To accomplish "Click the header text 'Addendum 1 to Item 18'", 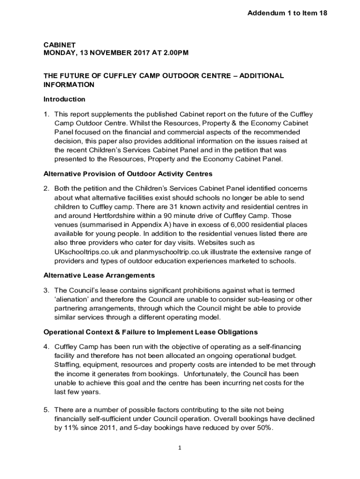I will pos(287,14).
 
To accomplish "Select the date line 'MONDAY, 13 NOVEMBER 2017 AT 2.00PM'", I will pos(116,53).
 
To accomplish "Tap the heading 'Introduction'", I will pos(65,99).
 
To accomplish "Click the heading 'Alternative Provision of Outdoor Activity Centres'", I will pos(128,174).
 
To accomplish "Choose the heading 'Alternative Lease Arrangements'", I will pos(99,275).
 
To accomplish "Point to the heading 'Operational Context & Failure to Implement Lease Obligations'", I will pos(151,332).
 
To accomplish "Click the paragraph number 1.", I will pos(46,114).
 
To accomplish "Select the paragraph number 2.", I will pos(46,188).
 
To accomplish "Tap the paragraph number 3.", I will pos(46,290).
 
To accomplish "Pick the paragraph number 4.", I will pos(46,347).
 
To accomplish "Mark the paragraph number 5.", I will pos(46,410).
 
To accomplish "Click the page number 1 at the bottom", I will pos(179,448).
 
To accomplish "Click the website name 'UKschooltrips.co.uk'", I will pos(86,252).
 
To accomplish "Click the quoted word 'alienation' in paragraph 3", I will pos(74,299).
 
